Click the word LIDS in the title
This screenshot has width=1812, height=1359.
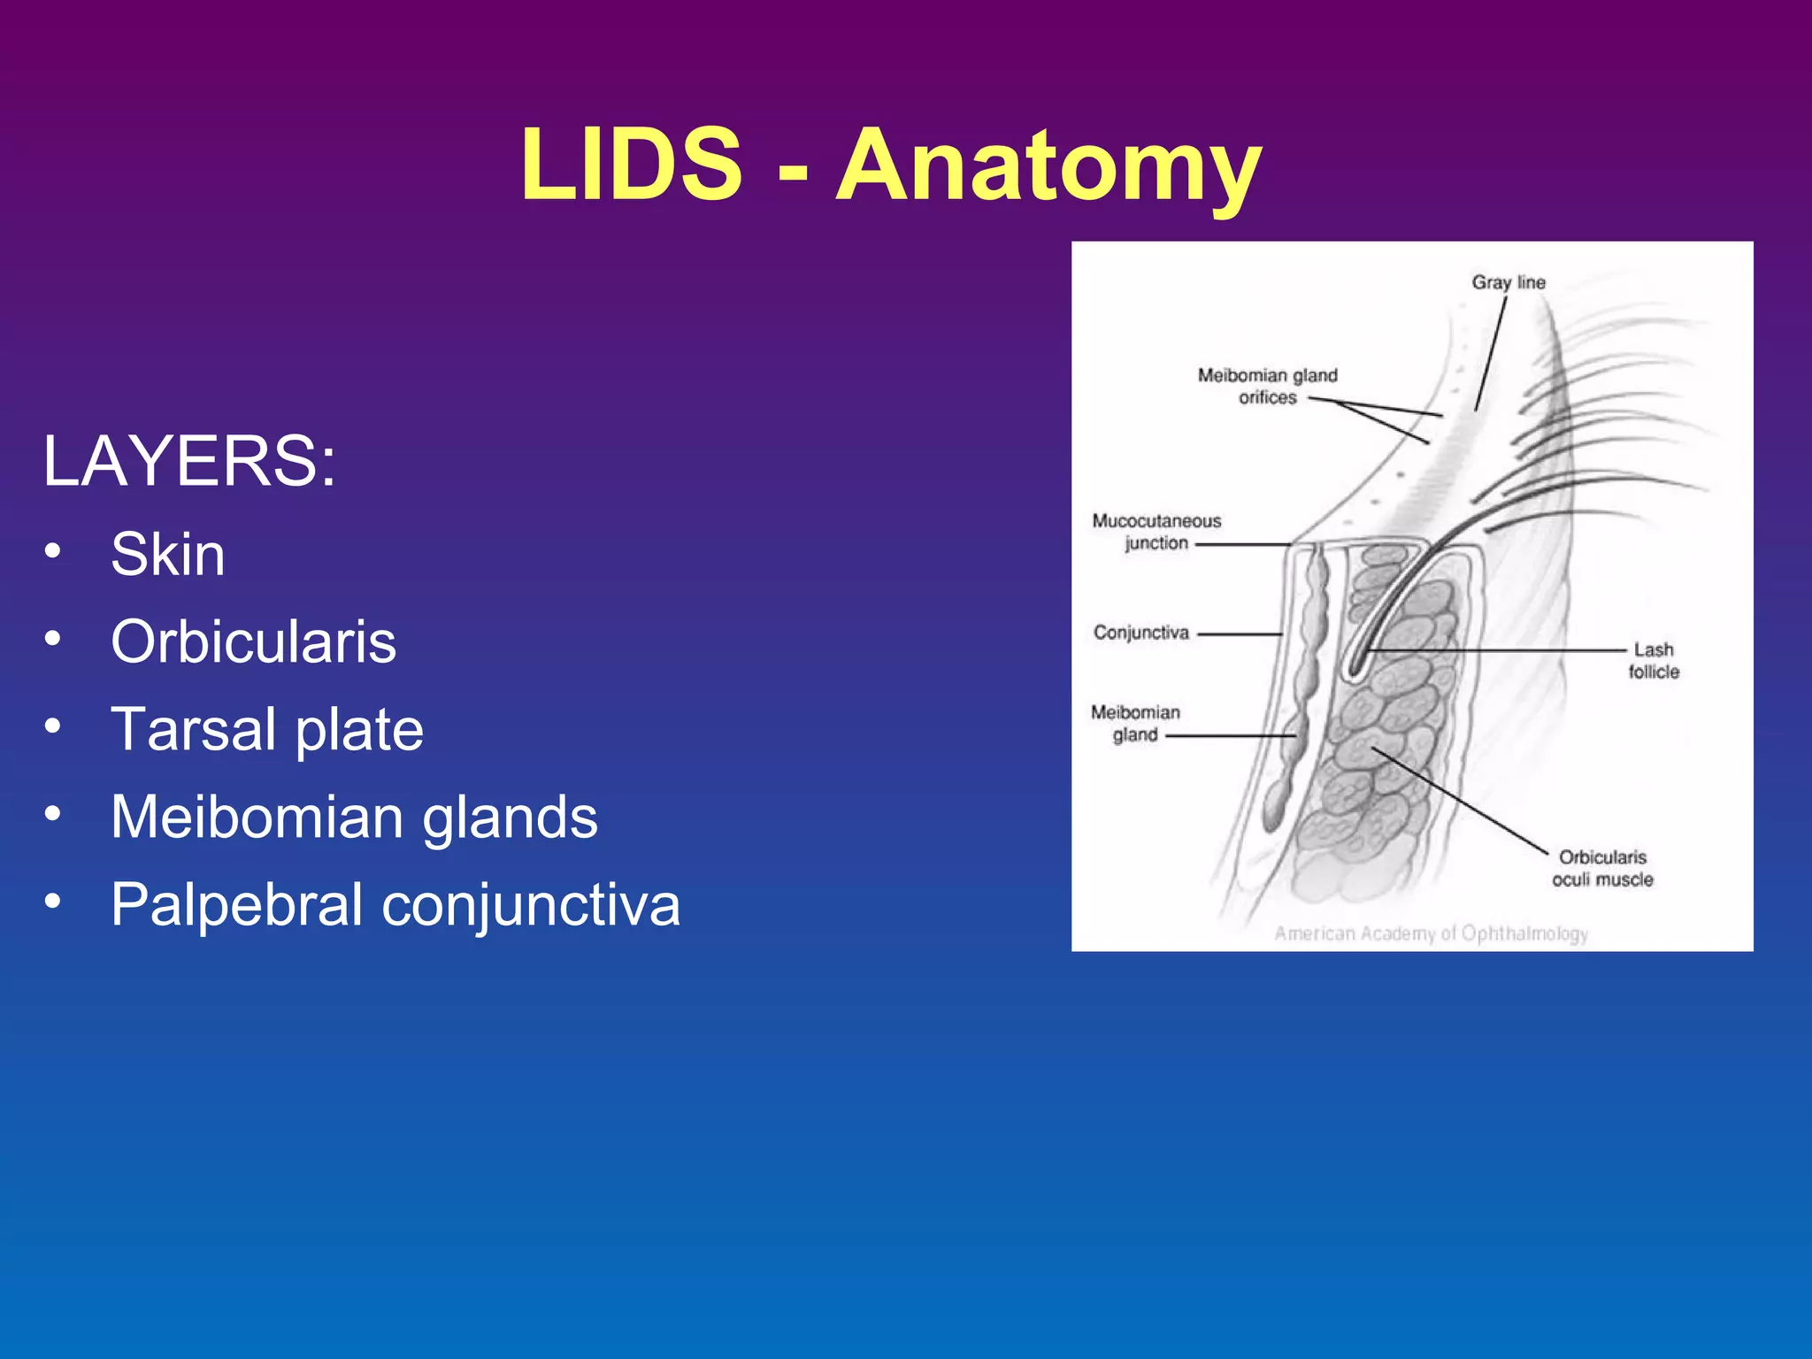pyautogui.click(x=631, y=165)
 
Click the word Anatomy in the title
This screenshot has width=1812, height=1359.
pyautogui.click(x=1048, y=168)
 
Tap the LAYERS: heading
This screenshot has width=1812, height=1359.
pyautogui.click(x=189, y=461)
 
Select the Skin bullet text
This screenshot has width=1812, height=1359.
pyautogui.click(x=167, y=555)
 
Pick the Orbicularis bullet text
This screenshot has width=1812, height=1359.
pyautogui.click(x=253, y=641)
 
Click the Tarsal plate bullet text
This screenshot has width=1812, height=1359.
pyautogui.click(x=266, y=729)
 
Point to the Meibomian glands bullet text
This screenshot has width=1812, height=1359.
pyautogui.click(x=354, y=817)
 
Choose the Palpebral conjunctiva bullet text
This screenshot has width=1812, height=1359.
pyautogui.click(x=395, y=904)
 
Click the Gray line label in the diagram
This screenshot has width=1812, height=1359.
pyautogui.click(x=1509, y=282)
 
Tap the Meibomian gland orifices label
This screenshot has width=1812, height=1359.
pyautogui.click(x=1267, y=387)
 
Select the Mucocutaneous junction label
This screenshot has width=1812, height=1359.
pyautogui.click(x=1156, y=532)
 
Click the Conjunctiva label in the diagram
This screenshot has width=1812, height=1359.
pyautogui.click(x=1141, y=633)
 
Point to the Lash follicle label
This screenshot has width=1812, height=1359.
pyautogui.click(x=1654, y=661)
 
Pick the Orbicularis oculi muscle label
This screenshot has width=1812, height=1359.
pyautogui.click(x=1602, y=868)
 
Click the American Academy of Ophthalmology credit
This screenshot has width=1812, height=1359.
pyautogui.click(x=1431, y=933)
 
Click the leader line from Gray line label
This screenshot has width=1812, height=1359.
pyautogui.click(x=1491, y=354)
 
